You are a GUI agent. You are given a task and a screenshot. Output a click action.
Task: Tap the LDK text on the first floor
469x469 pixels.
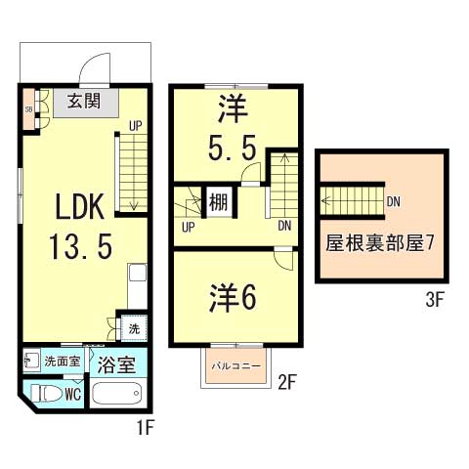coord(81,206)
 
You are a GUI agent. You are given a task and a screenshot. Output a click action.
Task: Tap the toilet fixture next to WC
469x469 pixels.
coord(46,394)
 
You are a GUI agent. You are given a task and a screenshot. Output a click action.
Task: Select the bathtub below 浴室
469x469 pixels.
coord(117,395)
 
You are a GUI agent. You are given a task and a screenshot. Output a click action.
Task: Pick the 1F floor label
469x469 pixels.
coord(145,426)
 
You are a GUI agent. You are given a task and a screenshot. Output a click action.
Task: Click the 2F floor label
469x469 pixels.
coord(286,382)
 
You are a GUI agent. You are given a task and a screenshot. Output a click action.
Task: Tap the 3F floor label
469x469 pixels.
coord(435,300)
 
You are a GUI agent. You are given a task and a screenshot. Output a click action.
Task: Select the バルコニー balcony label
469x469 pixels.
coord(235,366)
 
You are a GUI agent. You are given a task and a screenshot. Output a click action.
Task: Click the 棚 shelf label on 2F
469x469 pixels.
coord(218,203)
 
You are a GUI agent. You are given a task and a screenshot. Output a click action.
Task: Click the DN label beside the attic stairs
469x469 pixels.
coord(394,202)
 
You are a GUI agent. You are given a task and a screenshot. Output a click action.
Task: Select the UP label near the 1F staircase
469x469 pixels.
coord(136,125)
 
